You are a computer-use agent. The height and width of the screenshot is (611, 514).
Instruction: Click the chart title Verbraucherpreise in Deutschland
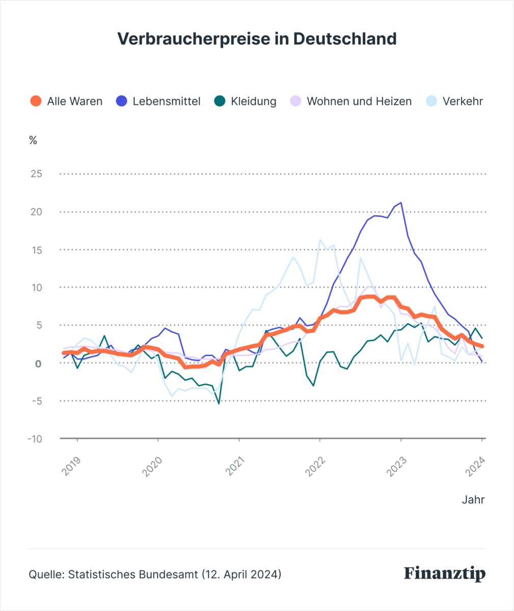pos(257,39)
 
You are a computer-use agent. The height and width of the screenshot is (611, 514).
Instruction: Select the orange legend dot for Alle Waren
pos(36,101)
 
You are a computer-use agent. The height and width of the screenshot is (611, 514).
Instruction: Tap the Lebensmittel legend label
pos(167,101)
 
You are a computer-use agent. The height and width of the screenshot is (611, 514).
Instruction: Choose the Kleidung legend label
pos(254,101)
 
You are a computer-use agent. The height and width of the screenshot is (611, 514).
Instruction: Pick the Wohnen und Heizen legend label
pos(359,101)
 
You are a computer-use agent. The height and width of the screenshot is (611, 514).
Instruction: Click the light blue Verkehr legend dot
pos(431,101)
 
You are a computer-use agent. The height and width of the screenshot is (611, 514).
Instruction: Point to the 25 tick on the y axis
pos(36,174)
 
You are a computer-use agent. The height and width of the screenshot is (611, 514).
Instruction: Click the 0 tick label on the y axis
pos(38,364)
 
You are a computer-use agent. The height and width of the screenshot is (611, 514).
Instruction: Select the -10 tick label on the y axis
pos(35,439)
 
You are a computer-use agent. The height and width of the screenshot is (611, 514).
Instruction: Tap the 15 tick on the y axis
pos(37,250)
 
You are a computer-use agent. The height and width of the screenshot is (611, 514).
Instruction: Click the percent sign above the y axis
pos(33,141)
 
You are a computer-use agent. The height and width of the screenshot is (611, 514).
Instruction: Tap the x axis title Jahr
pos(473,500)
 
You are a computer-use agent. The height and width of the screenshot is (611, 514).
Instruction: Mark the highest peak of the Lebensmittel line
pos(401,203)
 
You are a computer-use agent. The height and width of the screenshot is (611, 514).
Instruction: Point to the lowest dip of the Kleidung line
pos(219,404)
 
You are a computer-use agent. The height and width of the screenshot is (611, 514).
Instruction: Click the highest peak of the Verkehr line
pos(320,240)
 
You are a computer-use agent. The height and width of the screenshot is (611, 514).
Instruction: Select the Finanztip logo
pos(445,574)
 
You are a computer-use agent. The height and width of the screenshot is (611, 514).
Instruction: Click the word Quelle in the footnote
pos(46,574)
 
